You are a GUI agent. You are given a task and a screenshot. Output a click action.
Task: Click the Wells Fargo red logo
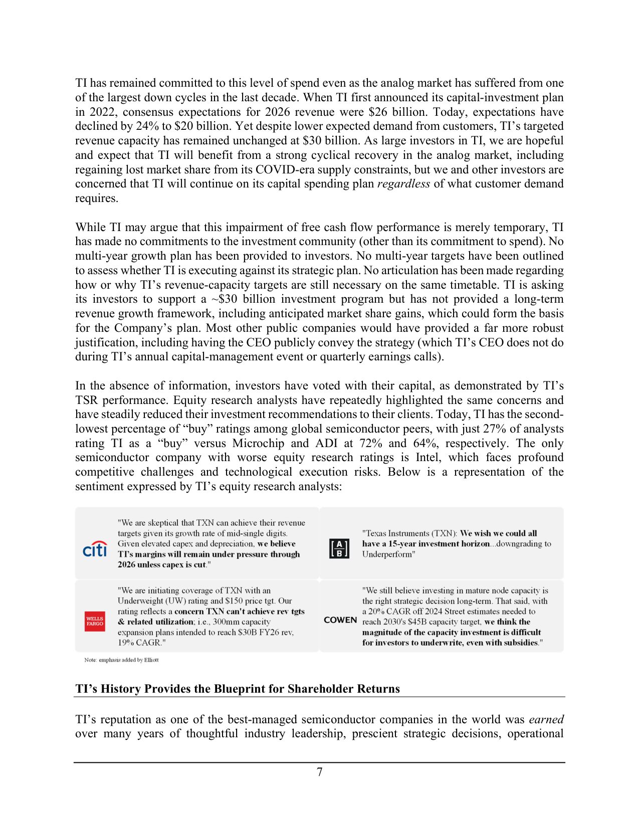pos(95,621)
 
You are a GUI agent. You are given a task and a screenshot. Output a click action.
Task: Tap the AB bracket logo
pos(339,548)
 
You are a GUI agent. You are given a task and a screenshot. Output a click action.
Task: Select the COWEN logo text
pos(340,620)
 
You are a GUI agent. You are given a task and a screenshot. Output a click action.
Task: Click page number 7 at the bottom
pos(319,772)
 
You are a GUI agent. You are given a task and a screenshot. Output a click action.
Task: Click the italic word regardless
pos(403,184)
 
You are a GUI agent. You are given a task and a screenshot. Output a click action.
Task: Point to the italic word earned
pos(546,719)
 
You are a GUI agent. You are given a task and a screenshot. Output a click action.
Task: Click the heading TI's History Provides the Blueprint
pos(238,689)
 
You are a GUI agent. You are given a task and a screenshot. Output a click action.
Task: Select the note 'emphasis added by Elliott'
pos(121,660)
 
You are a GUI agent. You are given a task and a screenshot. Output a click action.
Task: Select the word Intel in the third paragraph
pos(427,458)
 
